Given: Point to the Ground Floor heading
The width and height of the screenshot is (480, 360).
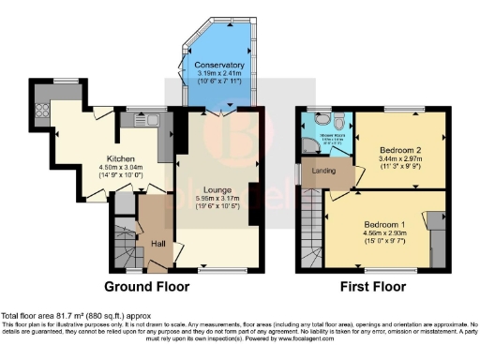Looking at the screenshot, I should point(146,286).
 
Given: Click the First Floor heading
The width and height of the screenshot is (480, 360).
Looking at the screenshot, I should point(374,286).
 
